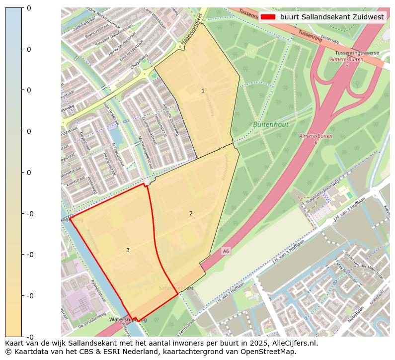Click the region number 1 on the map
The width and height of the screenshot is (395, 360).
pyautogui.click(x=203, y=90)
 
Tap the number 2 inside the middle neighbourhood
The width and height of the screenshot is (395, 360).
pyautogui.click(x=191, y=213)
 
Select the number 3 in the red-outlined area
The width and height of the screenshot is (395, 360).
pyautogui.click(x=128, y=250)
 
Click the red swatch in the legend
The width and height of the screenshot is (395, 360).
pyautogui.click(x=267, y=17)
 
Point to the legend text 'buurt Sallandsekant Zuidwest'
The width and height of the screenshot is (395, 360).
pyautogui.click(x=331, y=17)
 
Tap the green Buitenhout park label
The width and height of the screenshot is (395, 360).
pyautogui.click(x=270, y=124)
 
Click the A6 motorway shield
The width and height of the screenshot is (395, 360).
pyautogui.click(x=226, y=252)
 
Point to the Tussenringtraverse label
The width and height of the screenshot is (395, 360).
pyautogui.click(x=357, y=53)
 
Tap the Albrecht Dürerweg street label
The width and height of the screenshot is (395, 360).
pyautogui.click(x=170, y=120)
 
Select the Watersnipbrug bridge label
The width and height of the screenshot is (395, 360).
pyautogui.click(x=128, y=320)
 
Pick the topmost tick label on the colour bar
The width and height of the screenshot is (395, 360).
pyautogui.click(x=28, y=8)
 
